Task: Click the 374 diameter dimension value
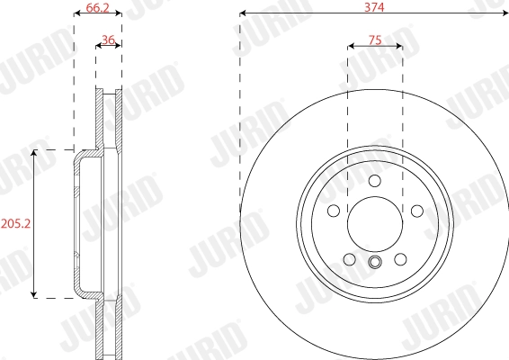coord(374,6)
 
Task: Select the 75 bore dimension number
coord(375,40)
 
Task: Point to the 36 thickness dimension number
coord(109,40)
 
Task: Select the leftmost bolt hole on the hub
coord(334,211)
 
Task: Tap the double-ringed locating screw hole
coord(375,263)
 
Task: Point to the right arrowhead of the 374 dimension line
coord(505,14)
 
